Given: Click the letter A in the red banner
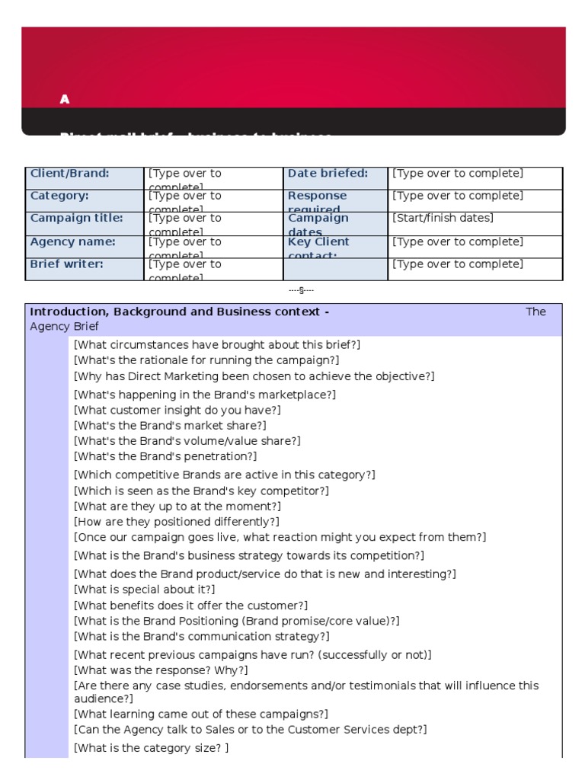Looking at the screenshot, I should pyautogui.click(x=65, y=99).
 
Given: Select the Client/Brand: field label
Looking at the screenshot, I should pyautogui.click(x=69, y=174).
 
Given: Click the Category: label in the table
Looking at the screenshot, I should pyautogui.click(x=59, y=196).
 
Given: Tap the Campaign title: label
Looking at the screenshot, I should pyautogui.click(x=76, y=218).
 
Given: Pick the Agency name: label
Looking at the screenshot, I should pyautogui.click(x=73, y=241).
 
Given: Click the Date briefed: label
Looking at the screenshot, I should pyautogui.click(x=328, y=174).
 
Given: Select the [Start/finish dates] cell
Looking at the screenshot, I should pyautogui.click(x=443, y=218).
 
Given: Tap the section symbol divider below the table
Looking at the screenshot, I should pyautogui.click(x=302, y=290).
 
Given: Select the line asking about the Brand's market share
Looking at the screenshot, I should pyautogui.click(x=170, y=426).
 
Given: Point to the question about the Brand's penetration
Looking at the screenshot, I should pyautogui.click(x=165, y=456).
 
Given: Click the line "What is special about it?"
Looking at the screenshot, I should pyautogui.click(x=144, y=590).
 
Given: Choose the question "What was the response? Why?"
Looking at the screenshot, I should pyautogui.click(x=161, y=670).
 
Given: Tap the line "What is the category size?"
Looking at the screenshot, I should pyautogui.click(x=151, y=748).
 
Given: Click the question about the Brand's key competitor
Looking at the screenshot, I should pyautogui.click(x=201, y=491).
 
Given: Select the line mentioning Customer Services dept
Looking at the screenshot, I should pyautogui.click(x=250, y=730).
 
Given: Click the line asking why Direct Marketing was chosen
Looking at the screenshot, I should pyautogui.click(x=254, y=376).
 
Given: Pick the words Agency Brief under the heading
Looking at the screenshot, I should pyautogui.click(x=64, y=326).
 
